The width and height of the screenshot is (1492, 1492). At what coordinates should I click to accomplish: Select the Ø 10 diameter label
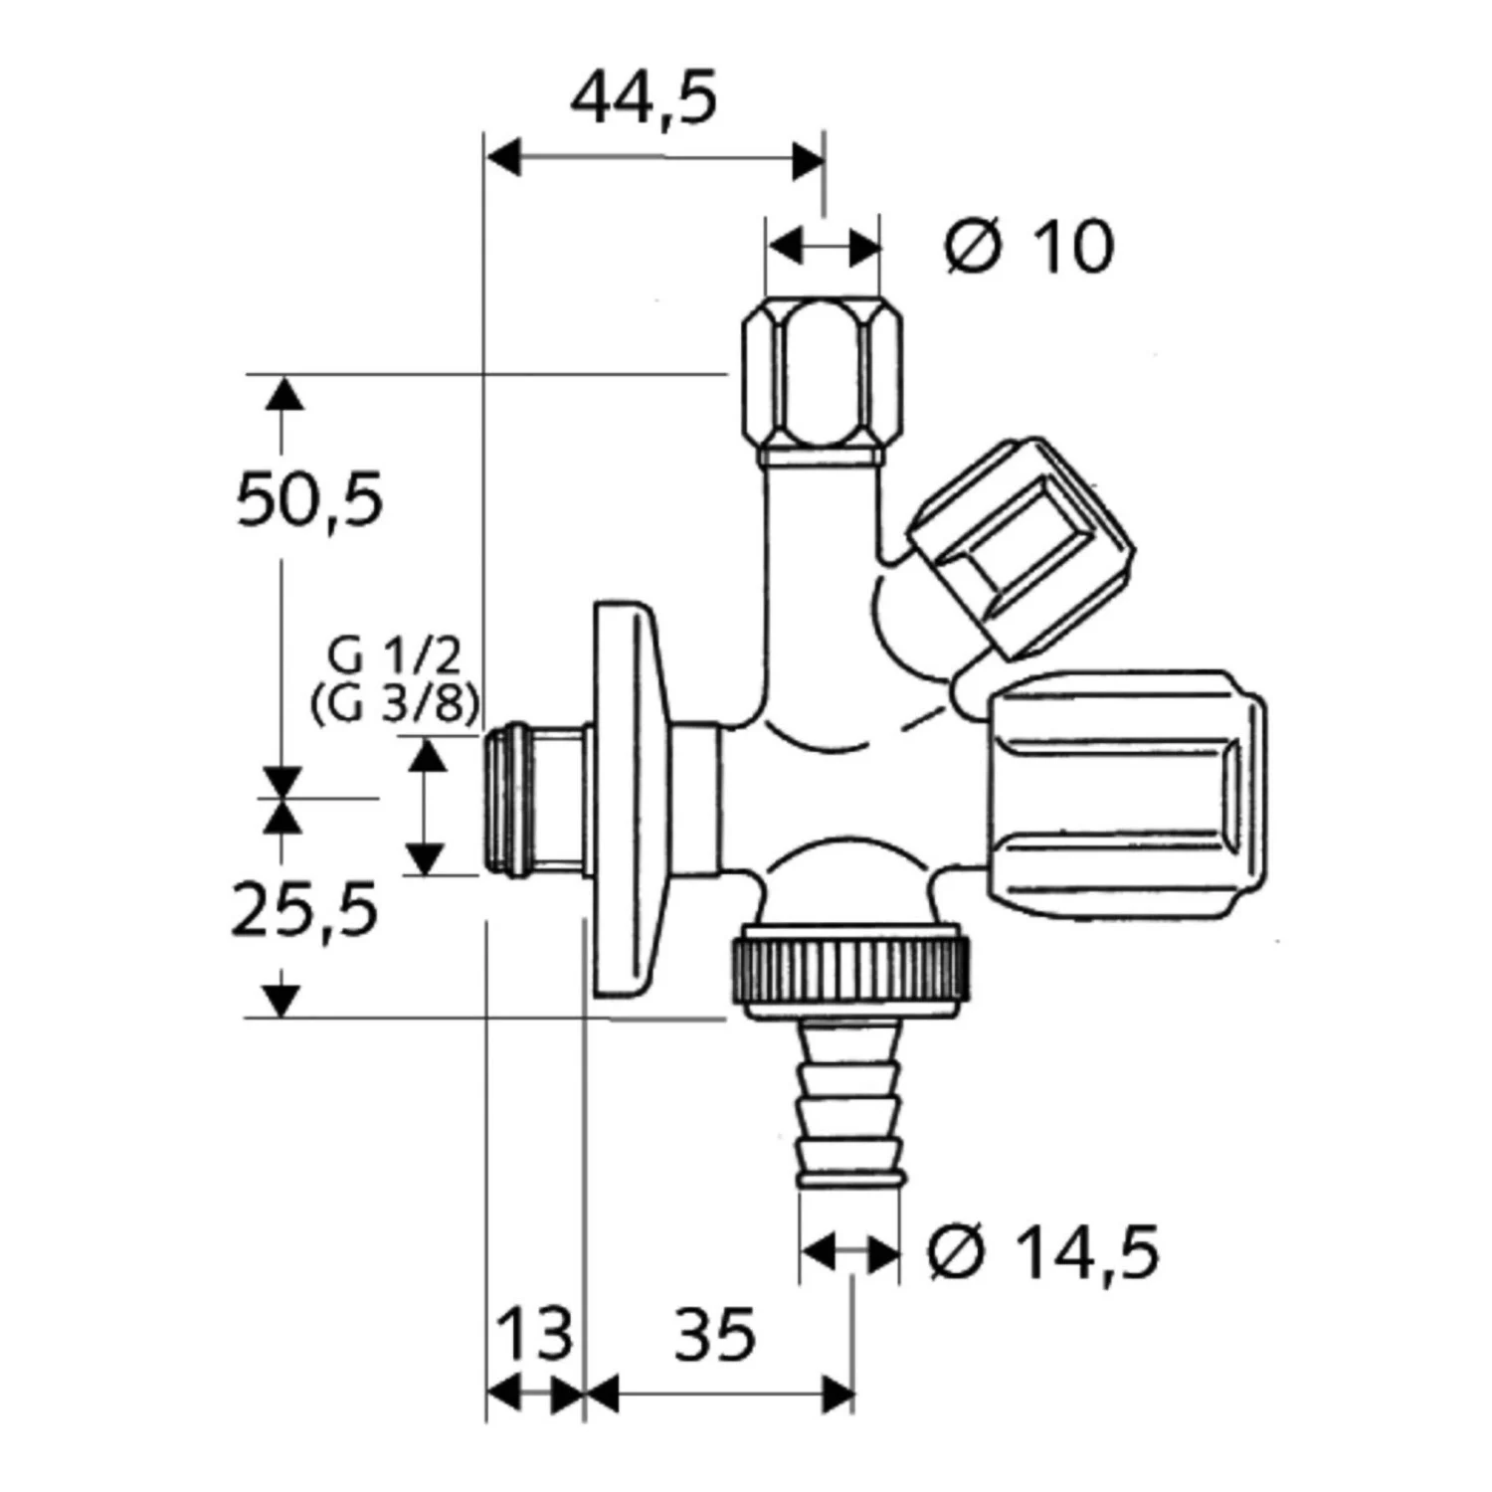point(1029,247)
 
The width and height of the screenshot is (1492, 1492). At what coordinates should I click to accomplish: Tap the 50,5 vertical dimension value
point(309,499)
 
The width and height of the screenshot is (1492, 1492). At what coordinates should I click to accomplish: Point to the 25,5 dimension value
point(304,911)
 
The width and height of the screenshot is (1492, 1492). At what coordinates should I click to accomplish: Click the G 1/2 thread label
point(395,657)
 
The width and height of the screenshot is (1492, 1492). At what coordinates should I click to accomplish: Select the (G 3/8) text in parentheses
point(395,705)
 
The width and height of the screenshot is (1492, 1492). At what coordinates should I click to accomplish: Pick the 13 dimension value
point(535,1335)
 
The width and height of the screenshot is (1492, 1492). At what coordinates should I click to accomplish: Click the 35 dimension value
point(715,1335)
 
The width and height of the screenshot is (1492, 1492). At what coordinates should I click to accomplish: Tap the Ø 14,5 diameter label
point(1043,1253)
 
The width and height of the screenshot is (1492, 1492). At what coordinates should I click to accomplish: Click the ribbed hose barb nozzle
point(851,1104)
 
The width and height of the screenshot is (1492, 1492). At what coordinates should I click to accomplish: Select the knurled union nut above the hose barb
point(850,971)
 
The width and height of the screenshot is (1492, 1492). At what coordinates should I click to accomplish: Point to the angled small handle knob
point(1023,548)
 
